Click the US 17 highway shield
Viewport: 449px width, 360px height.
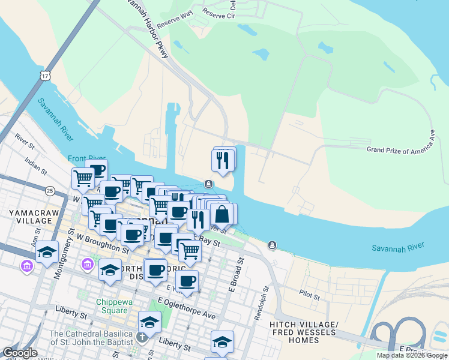coord(45,75)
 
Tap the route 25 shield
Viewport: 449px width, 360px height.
coord(49,191)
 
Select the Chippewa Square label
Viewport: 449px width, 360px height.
coord(112,306)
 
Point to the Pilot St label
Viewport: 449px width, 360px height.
coord(310,292)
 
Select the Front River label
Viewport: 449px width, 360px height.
coord(86,159)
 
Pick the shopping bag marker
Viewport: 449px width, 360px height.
coord(221,214)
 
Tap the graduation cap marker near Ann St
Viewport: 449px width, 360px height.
coord(47,253)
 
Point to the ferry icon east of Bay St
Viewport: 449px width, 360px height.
coord(273,245)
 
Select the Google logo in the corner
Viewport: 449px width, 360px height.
coord(20,353)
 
